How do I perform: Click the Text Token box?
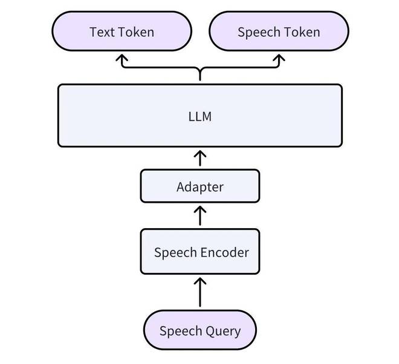[x=122, y=31]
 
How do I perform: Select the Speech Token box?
[x=279, y=31]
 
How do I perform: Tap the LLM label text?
[x=200, y=117]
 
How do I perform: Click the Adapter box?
[x=200, y=186]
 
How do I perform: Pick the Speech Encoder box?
[x=200, y=252]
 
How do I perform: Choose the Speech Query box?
[x=200, y=330]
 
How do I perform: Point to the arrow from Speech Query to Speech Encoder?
[x=200, y=292]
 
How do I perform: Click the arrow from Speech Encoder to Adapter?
[x=200, y=216]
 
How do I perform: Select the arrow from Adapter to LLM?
[x=200, y=158]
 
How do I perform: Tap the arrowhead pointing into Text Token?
[x=122, y=57]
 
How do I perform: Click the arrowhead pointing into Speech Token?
[x=279, y=57]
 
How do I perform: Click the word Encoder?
[x=225, y=252]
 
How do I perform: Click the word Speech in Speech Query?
[x=181, y=331]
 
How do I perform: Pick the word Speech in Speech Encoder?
[x=175, y=253]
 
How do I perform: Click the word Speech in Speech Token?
[x=259, y=33]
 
